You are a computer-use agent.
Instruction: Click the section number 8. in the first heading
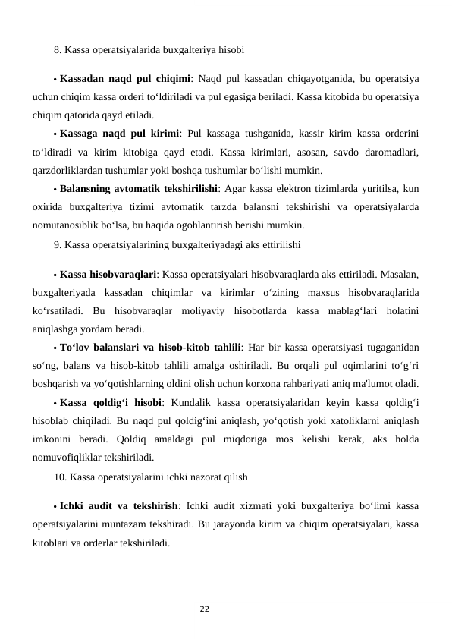pyautogui.click(x=58, y=51)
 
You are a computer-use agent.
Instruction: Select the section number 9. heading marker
pyautogui.click(x=58, y=245)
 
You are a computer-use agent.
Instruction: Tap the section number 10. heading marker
pyautogui.click(x=61, y=477)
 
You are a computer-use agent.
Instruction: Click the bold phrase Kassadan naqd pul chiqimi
pyautogui.click(x=125, y=78)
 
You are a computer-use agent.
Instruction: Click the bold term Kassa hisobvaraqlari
pyautogui.click(x=108, y=273)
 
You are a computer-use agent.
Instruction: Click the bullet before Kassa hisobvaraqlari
pyautogui.click(x=55, y=274)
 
